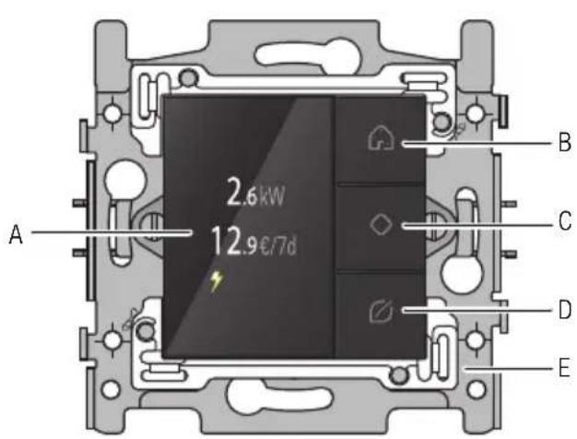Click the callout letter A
point(16,234)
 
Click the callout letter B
point(564,142)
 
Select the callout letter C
point(565,221)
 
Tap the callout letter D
point(565,309)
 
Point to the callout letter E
point(564,367)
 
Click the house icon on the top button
point(382,138)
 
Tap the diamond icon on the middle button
point(381,225)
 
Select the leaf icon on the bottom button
point(382,312)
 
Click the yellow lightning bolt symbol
point(217,281)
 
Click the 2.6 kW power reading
point(255,192)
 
